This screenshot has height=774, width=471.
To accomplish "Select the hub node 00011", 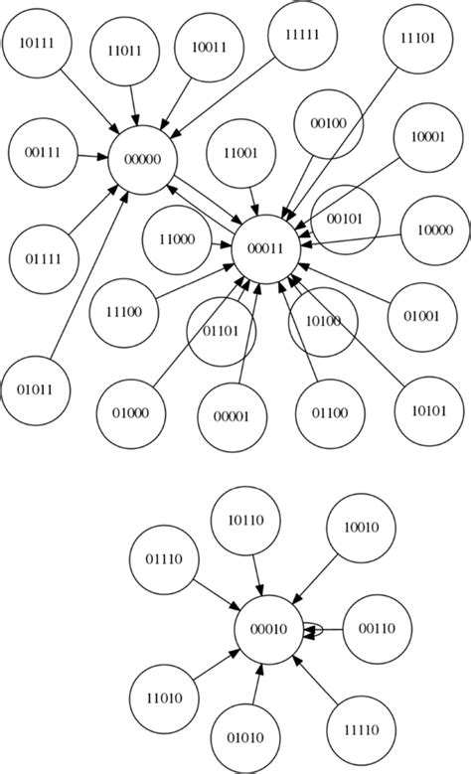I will click(x=265, y=250).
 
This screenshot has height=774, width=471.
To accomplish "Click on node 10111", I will click(x=36, y=43).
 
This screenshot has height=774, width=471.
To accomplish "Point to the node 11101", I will click(x=418, y=39).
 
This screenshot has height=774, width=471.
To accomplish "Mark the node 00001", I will click(x=232, y=416).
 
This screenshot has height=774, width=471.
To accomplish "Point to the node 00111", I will click(x=40, y=153).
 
